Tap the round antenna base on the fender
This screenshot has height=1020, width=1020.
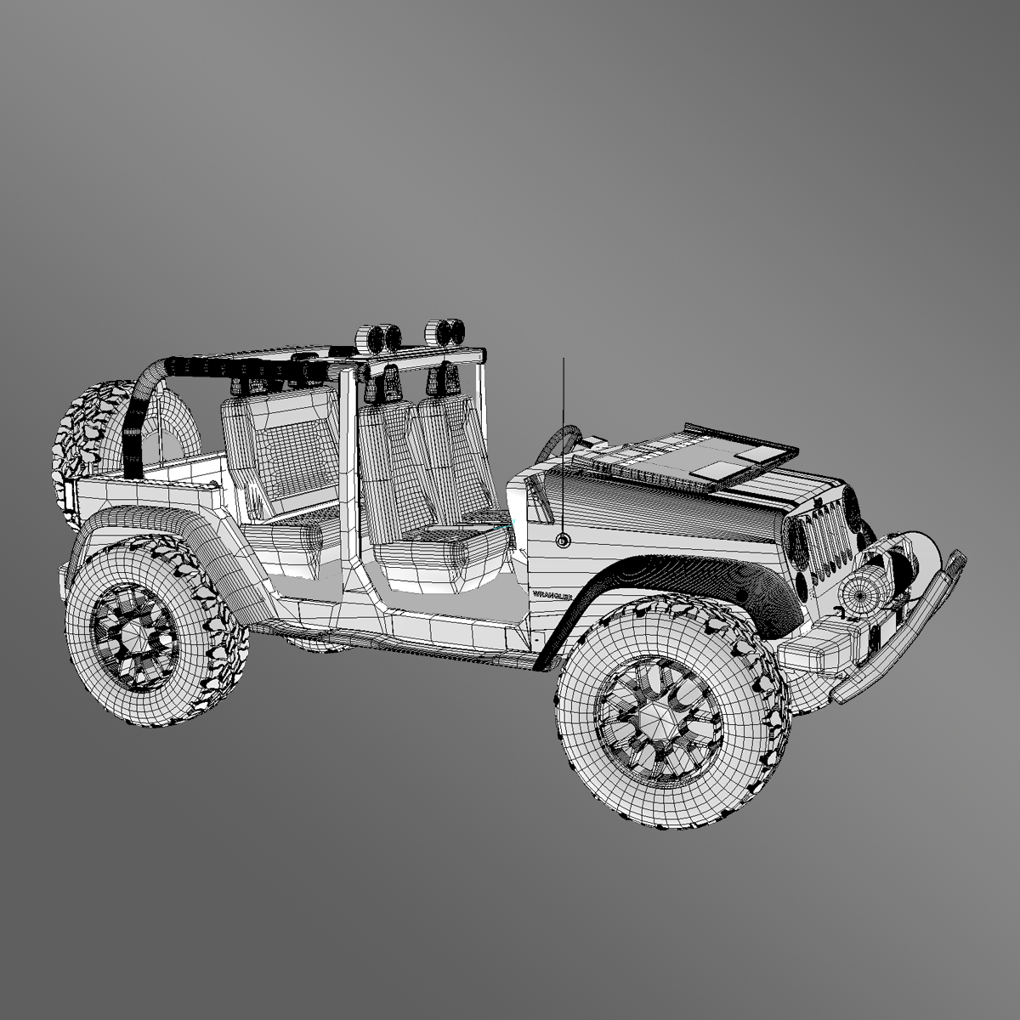[x=564, y=540]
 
